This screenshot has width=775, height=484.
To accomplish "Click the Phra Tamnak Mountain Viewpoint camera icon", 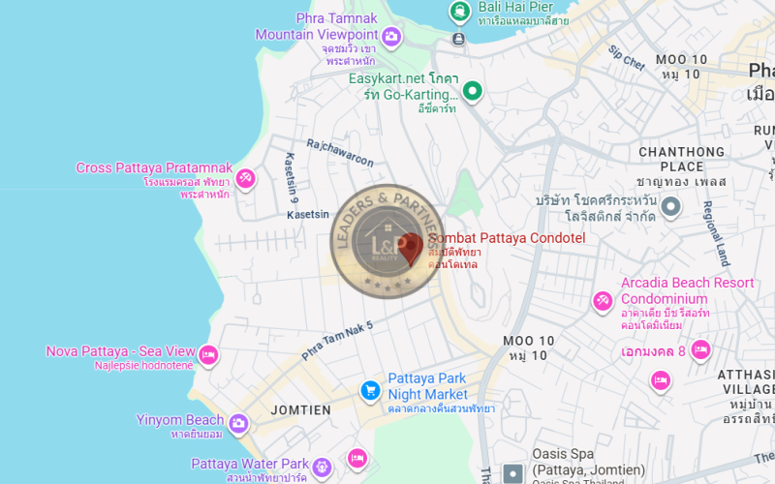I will pos(391,38).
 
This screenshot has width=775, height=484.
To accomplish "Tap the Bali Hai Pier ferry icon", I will pos(458,13).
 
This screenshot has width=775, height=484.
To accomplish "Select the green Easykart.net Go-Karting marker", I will pos(472,92).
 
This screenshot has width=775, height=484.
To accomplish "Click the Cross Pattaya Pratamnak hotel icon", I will pos(246,177).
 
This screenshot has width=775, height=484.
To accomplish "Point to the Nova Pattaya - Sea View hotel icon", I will pos(207,356).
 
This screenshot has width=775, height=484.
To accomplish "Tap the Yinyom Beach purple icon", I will pos(238,423).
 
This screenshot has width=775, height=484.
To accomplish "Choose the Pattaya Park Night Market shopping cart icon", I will pos(369,390).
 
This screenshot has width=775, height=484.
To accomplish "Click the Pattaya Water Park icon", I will pos(324,467).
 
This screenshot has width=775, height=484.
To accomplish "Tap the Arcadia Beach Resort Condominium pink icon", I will pos(603,301).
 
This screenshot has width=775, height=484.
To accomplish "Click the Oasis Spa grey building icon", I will pos(512,473).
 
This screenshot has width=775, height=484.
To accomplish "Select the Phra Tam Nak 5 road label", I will pos(337,340).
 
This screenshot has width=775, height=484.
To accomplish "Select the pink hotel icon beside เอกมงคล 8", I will pos(700,350).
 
